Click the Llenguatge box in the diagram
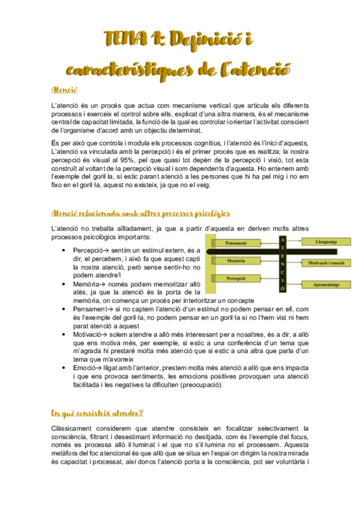[x=326, y=241]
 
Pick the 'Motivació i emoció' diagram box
[x=326, y=263]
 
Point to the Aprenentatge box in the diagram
[x=326, y=284]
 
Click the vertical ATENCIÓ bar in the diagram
[x=282, y=263]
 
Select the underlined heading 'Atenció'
[x=64, y=90]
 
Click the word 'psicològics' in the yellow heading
[x=207, y=214]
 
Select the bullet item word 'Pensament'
[x=89, y=309]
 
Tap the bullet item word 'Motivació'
[x=88, y=333]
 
